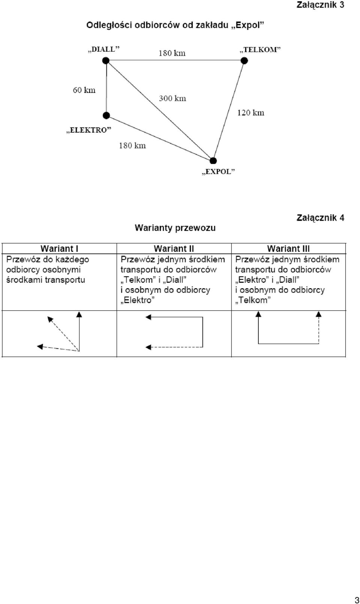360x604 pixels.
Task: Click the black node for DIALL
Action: click(x=106, y=60)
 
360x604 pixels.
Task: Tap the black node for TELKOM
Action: click(x=244, y=61)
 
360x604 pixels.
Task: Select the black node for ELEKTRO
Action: click(x=106, y=115)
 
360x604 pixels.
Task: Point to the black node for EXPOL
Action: click(x=213, y=161)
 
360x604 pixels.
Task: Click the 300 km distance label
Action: click(x=172, y=98)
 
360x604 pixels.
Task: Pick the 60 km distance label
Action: click(x=84, y=90)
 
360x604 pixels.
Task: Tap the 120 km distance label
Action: click(x=251, y=112)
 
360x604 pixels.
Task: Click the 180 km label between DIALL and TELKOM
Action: click(x=172, y=53)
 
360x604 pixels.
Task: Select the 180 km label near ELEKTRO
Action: click(x=132, y=146)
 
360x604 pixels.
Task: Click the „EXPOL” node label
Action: click(x=219, y=172)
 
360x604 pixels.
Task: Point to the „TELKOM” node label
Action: click(x=260, y=49)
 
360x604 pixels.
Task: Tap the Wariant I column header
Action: click(x=59, y=248)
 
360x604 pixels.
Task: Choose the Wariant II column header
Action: click(x=174, y=248)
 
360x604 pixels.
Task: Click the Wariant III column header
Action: click(x=288, y=248)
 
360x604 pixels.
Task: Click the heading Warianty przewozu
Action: click(x=175, y=228)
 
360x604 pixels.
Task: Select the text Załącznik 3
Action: click(x=320, y=5)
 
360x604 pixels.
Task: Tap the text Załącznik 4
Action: click(x=320, y=218)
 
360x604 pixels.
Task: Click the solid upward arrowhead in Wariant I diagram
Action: click(x=79, y=314)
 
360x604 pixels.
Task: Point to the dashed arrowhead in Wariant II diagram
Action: click(x=148, y=347)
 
